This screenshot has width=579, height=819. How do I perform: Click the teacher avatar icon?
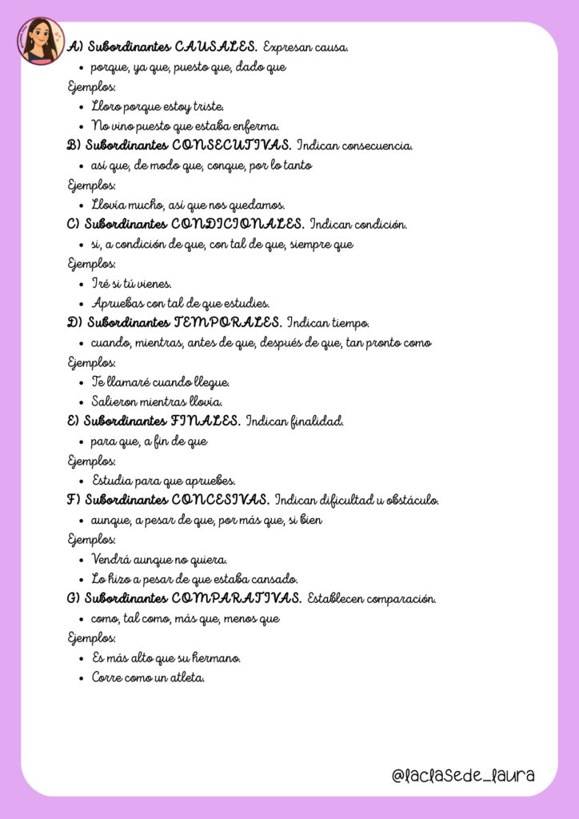point(41,41)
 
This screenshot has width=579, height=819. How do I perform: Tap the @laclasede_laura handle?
point(463,775)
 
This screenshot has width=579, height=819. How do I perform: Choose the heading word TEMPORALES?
point(227,323)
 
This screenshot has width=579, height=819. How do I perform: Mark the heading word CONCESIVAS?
point(220,500)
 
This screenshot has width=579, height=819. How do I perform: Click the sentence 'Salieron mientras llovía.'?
point(157,402)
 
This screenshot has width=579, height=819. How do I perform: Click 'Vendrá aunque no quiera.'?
point(159,559)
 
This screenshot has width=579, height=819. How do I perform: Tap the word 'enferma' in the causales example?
point(255,126)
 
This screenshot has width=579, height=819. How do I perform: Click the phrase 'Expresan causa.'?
point(305,47)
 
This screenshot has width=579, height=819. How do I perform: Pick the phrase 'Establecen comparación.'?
point(372,598)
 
